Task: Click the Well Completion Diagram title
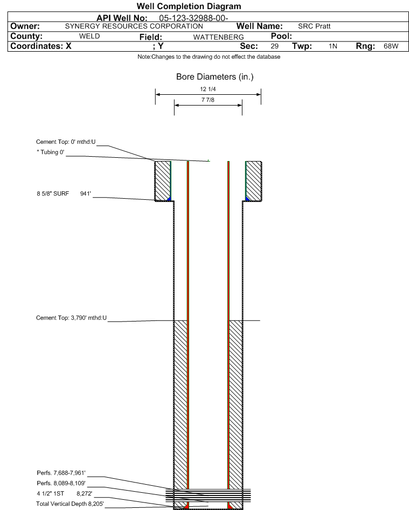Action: click(189, 6)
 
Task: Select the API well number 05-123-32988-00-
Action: click(193, 18)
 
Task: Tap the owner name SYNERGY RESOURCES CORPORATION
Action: click(134, 26)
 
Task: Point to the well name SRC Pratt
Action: click(314, 26)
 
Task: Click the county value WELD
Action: click(89, 36)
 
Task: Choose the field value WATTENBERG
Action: click(218, 37)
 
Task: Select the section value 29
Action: click(275, 46)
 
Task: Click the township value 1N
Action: click(333, 46)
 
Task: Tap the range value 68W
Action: click(391, 46)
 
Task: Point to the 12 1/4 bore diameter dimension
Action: click(208, 89)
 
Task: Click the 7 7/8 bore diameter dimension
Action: click(208, 100)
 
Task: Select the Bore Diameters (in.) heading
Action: click(215, 77)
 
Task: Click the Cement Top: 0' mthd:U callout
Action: click(66, 142)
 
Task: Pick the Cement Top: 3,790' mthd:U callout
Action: click(71, 318)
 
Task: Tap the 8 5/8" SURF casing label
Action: click(53, 193)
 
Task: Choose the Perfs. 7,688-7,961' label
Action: click(61, 473)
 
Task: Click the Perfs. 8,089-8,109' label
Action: click(61, 483)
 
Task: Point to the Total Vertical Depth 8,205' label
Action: click(70, 504)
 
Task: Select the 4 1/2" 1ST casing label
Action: click(51, 493)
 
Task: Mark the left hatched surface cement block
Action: click(162, 181)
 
